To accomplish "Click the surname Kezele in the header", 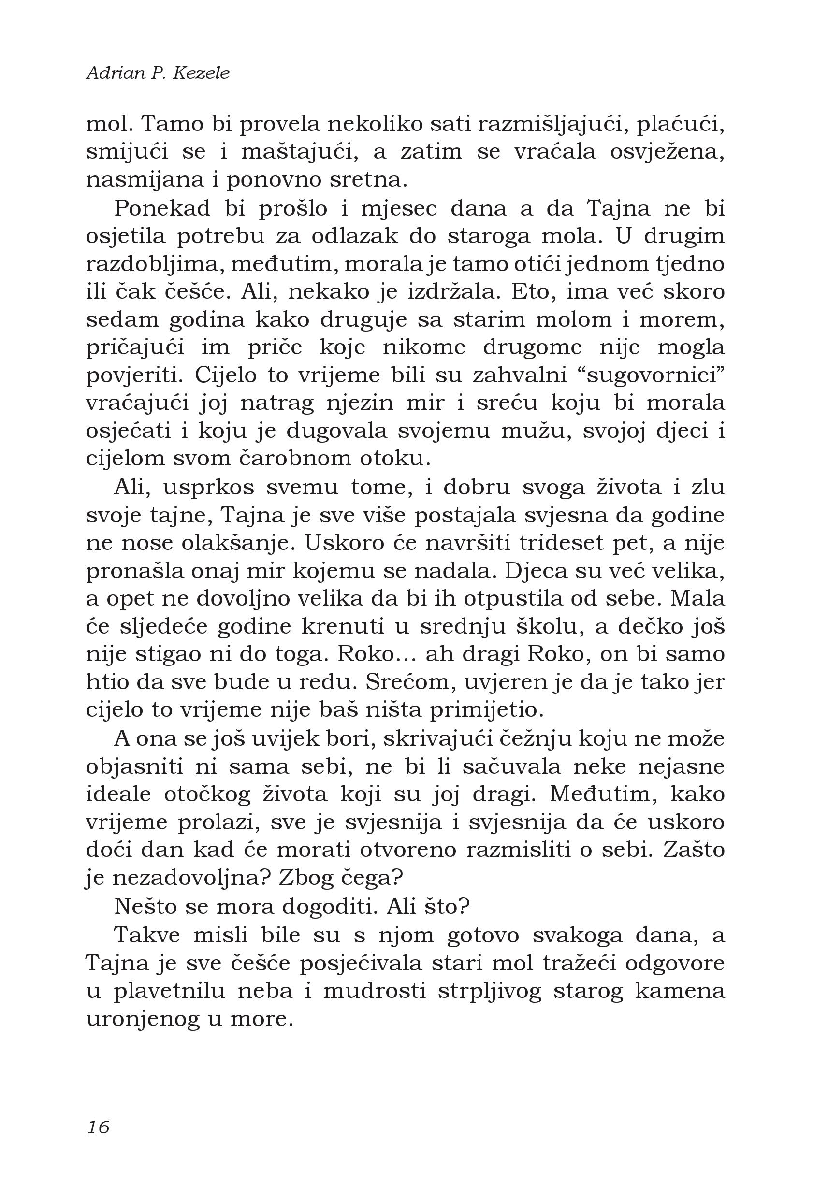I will point(201,73).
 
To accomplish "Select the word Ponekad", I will point(162,209).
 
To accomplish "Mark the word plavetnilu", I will point(169,991).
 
